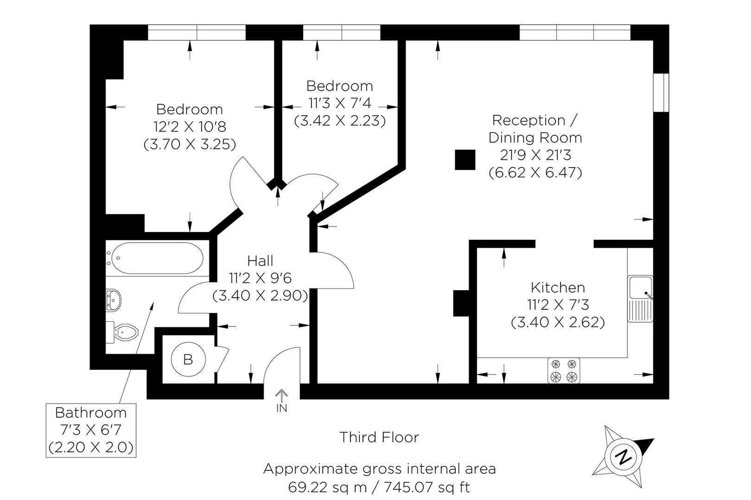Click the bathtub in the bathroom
pyautogui.click(x=157, y=258)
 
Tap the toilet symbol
pyautogui.click(x=124, y=332)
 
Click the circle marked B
pyautogui.click(x=188, y=359)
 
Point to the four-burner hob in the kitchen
pyautogui.click(x=564, y=371)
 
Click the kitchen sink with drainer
pyautogui.click(x=641, y=299)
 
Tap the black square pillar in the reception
pyautogui.click(x=465, y=160)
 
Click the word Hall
pyautogui.click(x=260, y=261)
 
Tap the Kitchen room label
pyautogui.click(x=558, y=287)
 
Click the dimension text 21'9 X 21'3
pyautogui.click(x=535, y=155)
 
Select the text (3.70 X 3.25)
pyautogui.click(x=190, y=144)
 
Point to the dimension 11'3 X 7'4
pyautogui.click(x=340, y=103)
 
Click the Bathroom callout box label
pyautogui.click(x=91, y=412)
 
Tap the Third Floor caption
pyautogui.click(x=379, y=437)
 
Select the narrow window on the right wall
pyautogui.click(x=662, y=92)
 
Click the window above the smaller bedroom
pyautogui.click(x=342, y=32)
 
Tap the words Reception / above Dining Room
pyautogui.click(x=535, y=120)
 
